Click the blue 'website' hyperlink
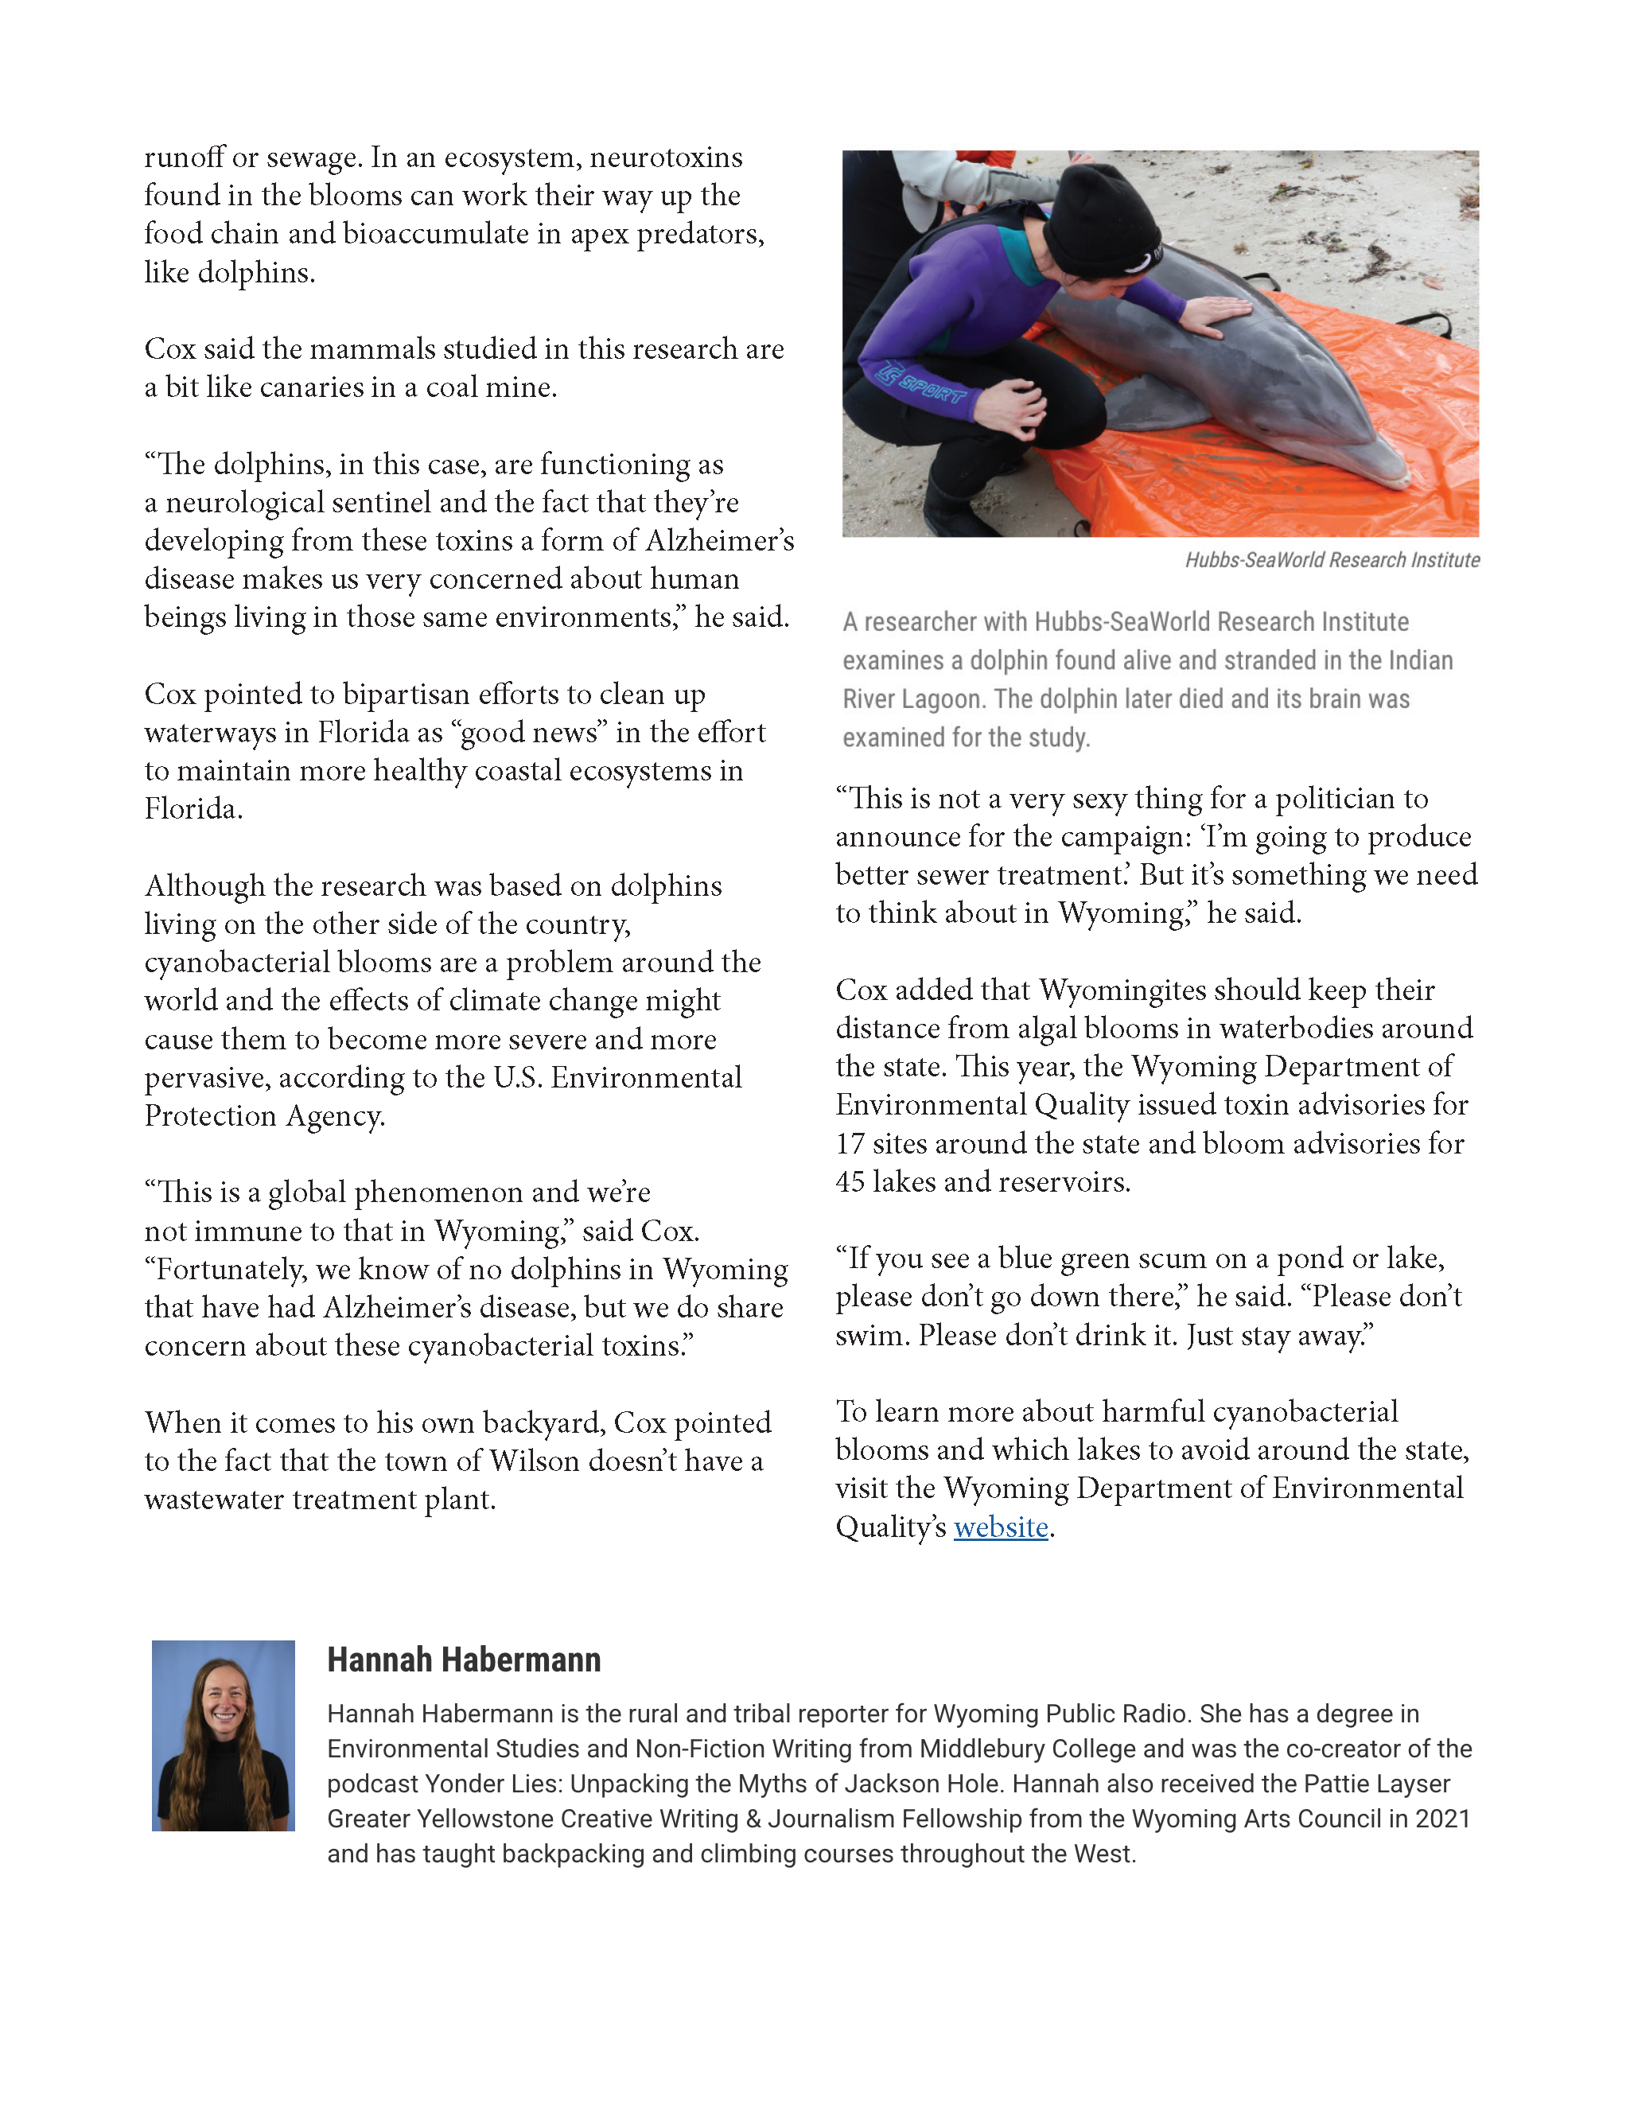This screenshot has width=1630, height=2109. [x=1001, y=1527]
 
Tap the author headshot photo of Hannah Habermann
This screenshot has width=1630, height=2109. [x=223, y=1735]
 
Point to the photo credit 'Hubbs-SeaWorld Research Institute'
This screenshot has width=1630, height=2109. [x=1332, y=560]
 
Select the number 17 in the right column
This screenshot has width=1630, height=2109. [x=850, y=1143]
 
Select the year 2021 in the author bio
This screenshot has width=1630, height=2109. [x=1441, y=1819]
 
